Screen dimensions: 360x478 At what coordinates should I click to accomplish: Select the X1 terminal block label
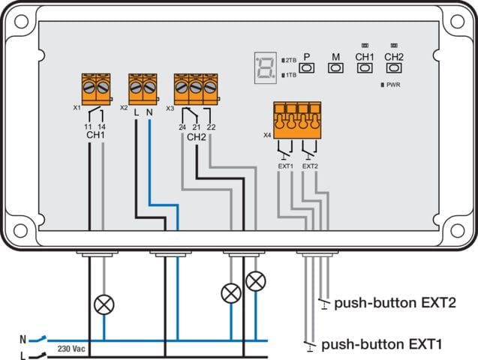[x=77, y=108]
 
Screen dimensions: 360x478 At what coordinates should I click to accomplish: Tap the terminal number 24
[x=182, y=127]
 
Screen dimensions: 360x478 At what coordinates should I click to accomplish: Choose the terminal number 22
[x=212, y=127]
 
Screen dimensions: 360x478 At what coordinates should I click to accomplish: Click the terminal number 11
[x=88, y=127]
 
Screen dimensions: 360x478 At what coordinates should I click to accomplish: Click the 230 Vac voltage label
[x=70, y=349]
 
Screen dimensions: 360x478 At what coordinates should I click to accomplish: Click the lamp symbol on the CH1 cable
[x=103, y=304]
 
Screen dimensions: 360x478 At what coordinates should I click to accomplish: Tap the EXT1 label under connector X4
[x=285, y=165]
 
